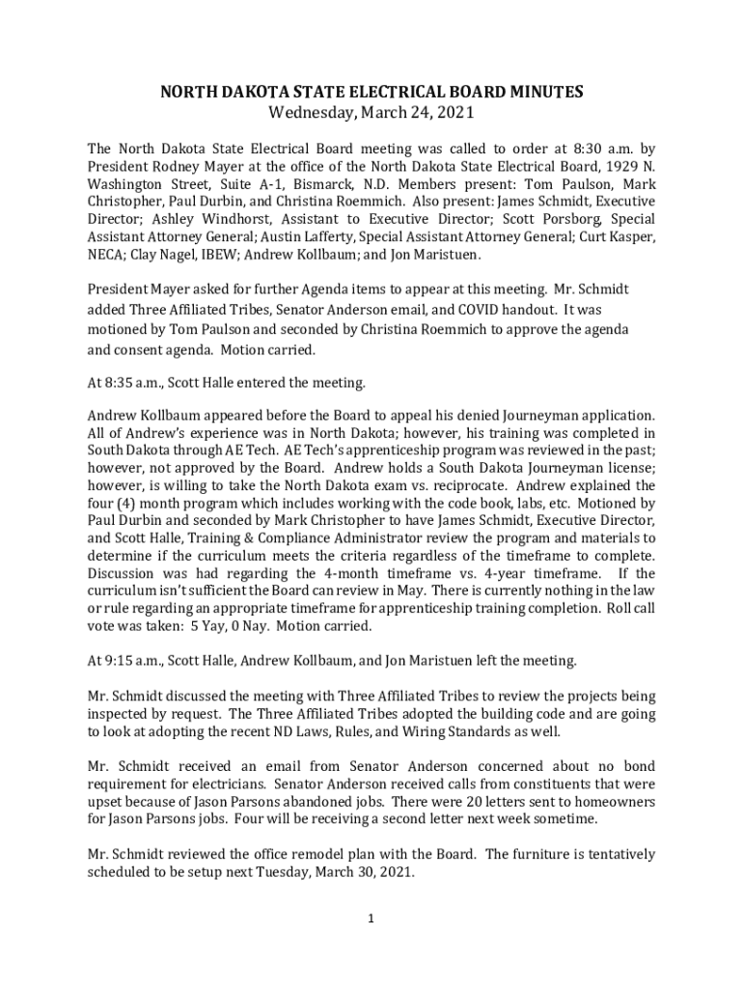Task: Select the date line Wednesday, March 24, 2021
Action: click(371, 113)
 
